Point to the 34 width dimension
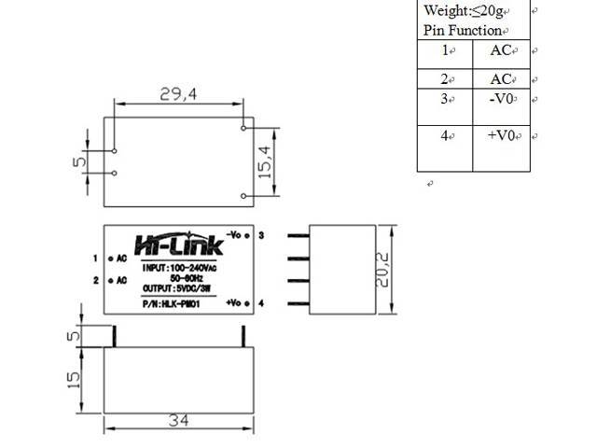click(x=179, y=420)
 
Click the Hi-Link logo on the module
click(x=179, y=245)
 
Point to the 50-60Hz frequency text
click(x=187, y=278)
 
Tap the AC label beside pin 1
click(x=121, y=258)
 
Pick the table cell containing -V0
click(x=502, y=99)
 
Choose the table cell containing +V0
click(x=502, y=135)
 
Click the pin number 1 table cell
click(x=447, y=51)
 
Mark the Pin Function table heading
click(x=463, y=31)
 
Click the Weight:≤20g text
click(x=464, y=11)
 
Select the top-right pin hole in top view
click(x=243, y=127)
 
